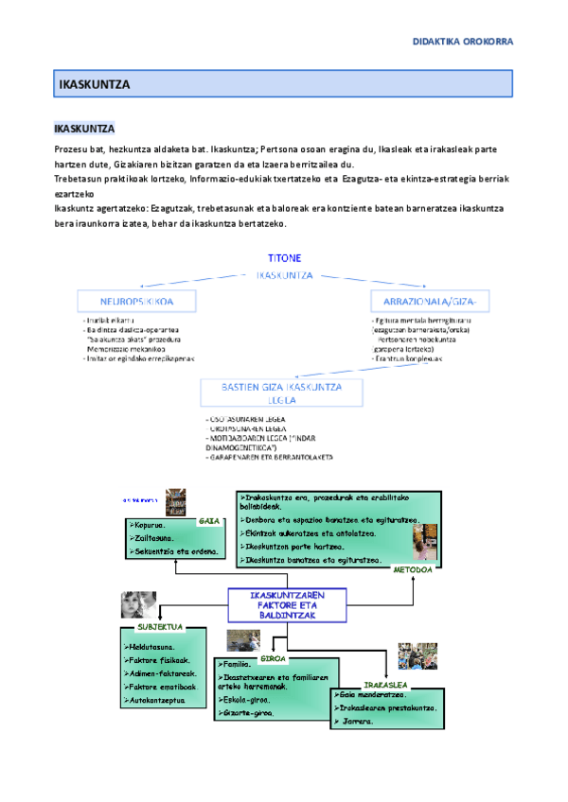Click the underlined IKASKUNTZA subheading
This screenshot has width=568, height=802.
[84, 128]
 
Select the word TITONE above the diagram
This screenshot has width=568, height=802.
[284, 257]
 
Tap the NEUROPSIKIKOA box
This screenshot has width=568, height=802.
[137, 301]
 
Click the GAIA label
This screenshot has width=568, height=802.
[208, 521]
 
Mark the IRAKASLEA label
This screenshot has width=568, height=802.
[385, 684]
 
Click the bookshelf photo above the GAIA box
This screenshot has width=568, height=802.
[176, 501]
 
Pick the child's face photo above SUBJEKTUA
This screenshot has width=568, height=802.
[138, 605]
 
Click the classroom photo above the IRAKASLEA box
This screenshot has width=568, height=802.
[417, 655]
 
